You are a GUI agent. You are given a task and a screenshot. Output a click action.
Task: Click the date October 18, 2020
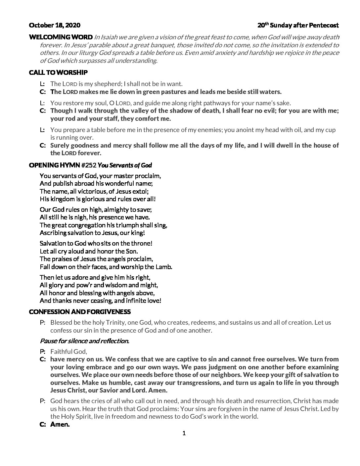[x=55, y=25]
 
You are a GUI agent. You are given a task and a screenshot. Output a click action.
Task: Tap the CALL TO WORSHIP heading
[x=58, y=72]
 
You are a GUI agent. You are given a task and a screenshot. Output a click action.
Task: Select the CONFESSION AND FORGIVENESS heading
[x=80, y=312]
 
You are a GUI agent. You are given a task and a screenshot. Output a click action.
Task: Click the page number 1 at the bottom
[x=184, y=433]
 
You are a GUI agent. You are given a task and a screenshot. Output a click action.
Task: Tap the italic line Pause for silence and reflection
[x=84, y=341]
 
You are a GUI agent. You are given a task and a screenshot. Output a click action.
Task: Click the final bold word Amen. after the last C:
[x=60, y=424]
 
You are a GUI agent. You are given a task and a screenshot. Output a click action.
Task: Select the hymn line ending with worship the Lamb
[x=106, y=267]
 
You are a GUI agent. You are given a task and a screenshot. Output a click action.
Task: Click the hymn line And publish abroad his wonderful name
[x=96, y=183]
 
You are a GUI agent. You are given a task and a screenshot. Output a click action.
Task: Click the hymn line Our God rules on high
[x=96, y=210]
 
